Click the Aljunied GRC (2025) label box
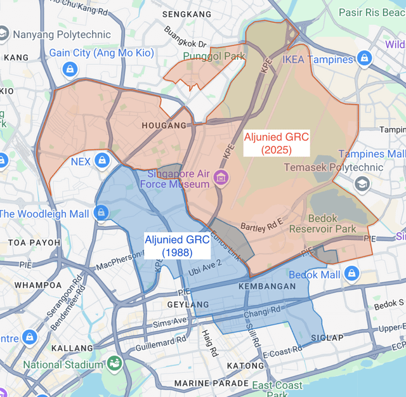coord(276,143)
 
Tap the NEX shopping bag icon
coord(101,161)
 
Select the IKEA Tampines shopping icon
coord(364,59)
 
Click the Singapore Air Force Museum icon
coord(221,176)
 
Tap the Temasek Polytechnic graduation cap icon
coord(362,184)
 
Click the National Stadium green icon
coord(115,364)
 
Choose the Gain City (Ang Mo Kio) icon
coord(70,68)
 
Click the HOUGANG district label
coord(167,126)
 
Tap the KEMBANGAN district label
coord(267,287)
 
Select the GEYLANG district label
coord(188,305)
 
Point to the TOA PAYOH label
coord(34,243)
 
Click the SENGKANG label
coord(187,14)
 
